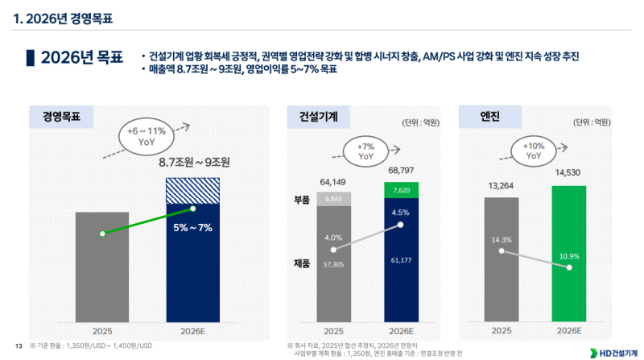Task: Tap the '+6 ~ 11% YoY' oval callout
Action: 147,135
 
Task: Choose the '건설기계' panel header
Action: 313,117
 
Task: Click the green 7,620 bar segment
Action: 400,190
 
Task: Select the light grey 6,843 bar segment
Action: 333,199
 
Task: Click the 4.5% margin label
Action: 400,213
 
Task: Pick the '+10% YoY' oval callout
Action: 534,151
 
